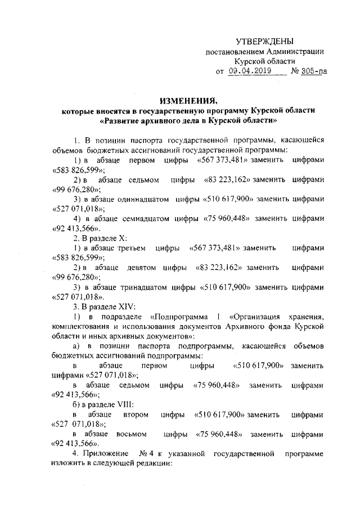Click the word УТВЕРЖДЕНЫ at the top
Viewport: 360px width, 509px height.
point(264,42)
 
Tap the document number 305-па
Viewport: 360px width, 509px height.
point(310,71)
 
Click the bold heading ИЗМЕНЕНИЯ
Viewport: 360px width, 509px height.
point(188,101)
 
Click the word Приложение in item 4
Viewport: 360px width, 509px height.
point(106,453)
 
